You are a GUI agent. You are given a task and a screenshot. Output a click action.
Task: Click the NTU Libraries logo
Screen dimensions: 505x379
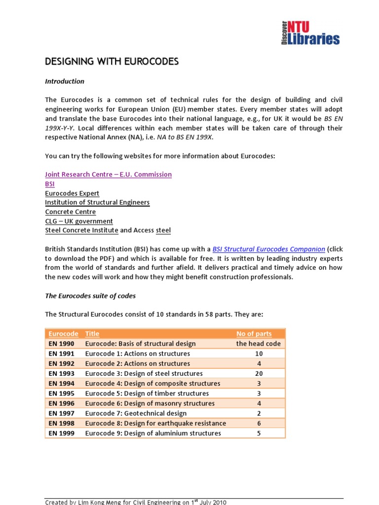click(310, 33)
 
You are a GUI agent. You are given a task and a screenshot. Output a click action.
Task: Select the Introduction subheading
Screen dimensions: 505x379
click(65, 81)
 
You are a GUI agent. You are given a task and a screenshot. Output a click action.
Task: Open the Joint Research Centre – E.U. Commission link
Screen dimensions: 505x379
click(108, 175)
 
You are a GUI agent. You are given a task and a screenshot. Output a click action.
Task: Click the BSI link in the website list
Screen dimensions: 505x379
click(50, 184)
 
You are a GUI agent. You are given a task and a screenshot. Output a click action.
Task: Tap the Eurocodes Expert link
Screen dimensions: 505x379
click(72, 193)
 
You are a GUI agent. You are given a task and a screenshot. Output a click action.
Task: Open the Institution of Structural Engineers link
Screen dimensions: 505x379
click(97, 203)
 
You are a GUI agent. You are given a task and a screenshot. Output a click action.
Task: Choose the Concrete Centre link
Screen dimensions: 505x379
click(70, 212)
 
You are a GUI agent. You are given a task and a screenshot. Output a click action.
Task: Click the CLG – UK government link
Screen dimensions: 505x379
click(79, 221)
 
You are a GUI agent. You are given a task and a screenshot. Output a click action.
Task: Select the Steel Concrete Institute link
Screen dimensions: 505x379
click(81, 230)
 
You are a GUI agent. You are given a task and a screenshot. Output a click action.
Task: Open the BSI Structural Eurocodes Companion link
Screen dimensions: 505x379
click(268, 249)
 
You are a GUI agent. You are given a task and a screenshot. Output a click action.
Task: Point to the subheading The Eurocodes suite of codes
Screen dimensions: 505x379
click(90, 296)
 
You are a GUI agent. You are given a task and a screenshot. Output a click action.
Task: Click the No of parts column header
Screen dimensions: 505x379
click(254, 334)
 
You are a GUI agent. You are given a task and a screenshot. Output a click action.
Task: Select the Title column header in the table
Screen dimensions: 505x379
click(92, 334)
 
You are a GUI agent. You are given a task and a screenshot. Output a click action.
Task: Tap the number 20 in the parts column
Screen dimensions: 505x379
click(259, 373)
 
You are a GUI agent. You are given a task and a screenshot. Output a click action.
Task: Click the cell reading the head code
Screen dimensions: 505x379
click(259, 344)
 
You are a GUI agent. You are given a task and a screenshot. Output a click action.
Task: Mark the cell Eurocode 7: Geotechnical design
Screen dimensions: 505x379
click(136, 413)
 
